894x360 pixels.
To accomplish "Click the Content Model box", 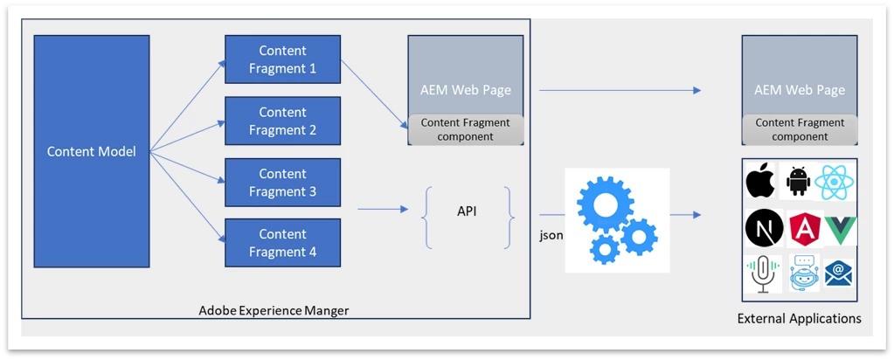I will click(92, 151).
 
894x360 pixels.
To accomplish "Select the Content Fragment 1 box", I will click(282, 59).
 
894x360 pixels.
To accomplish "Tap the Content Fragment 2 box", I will click(282, 121).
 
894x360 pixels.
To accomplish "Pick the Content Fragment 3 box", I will click(282, 182).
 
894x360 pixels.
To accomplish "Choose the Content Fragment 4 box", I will click(282, 243).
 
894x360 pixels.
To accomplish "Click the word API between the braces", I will click(468, 212).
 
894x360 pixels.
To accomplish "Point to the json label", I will click(551, 235).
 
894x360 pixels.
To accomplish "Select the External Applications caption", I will click(799, 318).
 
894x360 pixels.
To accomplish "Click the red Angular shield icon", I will click(800, 228).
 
